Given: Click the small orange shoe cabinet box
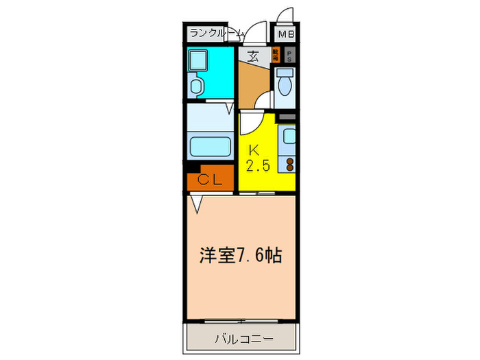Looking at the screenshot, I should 275,56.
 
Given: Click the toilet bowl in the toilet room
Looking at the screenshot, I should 285,85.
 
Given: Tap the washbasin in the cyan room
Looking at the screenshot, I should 197,86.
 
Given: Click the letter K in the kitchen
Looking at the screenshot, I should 254,149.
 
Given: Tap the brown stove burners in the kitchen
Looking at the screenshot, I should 289,164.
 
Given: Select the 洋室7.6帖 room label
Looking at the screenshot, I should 241,255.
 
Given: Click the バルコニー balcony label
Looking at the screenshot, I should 243,338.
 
